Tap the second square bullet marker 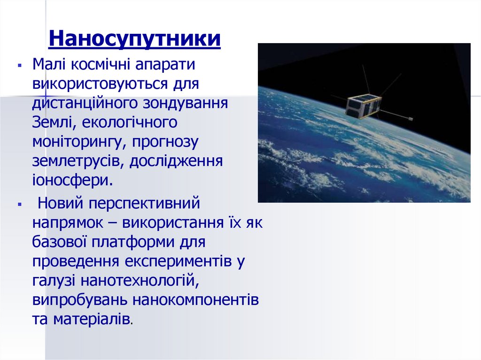pyautogui.click(x=19, y=205)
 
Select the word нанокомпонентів pyautogui.click(x=195, y=299)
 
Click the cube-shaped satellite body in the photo pyautogui.click(x=363, y=106)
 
